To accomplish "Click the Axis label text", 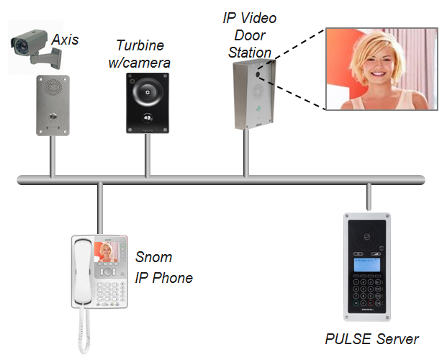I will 66,39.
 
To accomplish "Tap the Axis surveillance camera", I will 32,48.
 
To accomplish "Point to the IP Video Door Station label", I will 249,35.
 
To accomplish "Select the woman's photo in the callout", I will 381,69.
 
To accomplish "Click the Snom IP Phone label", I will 163,267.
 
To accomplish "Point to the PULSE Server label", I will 371,338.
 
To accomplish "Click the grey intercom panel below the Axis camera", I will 51,107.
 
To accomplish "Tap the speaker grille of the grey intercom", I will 51,90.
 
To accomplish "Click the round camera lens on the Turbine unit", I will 146,91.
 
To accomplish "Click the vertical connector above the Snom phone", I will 99,209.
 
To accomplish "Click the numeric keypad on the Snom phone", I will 112,291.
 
